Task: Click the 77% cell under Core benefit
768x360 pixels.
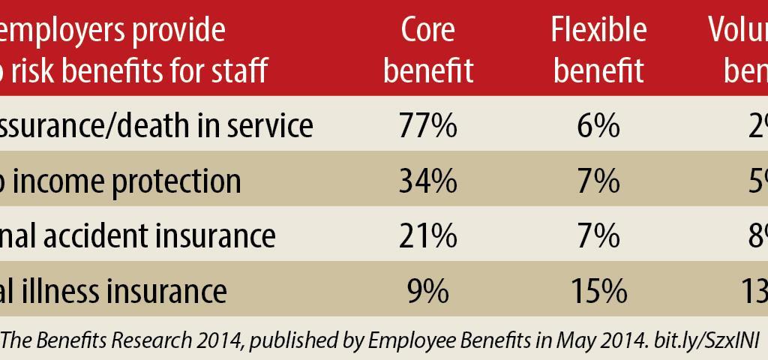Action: (x=427, y=126)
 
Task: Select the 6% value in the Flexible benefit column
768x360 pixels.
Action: (x=598, y=126)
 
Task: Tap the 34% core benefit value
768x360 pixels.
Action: (x=427, y=181)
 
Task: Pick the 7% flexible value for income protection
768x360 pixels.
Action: (x=598, y=181)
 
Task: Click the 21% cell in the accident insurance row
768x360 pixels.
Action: (x=427, y=235)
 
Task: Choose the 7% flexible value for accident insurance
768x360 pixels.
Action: (x=598, y=235)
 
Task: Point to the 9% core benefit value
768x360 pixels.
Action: (x=427, y=290)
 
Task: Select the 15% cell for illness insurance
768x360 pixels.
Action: (x=598, y=290)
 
